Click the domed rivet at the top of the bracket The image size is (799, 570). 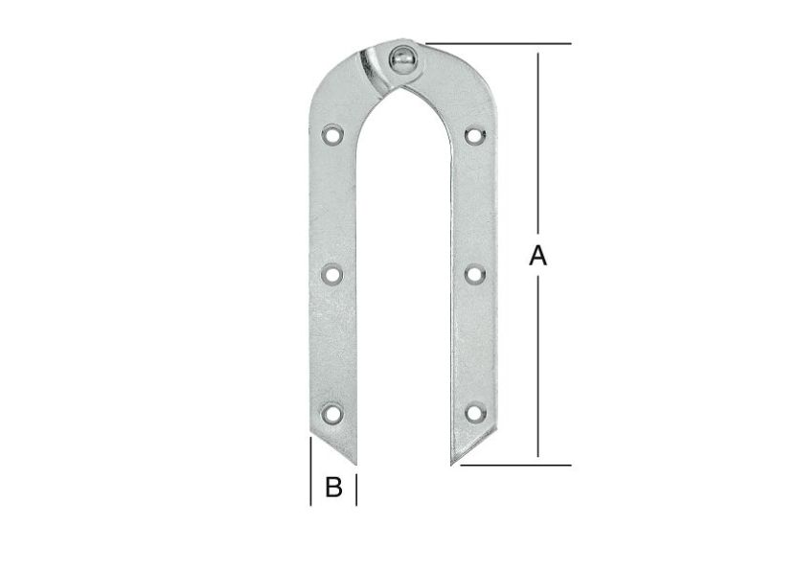pos(402,59)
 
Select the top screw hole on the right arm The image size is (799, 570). pos(474,135)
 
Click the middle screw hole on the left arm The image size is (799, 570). pos(332,274)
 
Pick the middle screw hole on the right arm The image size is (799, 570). pos(474,274)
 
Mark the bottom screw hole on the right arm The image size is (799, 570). pos(474,413)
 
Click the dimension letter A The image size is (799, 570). pos(538,256)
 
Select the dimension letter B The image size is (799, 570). pos(333,488)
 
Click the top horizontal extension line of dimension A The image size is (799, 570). pos(498,44)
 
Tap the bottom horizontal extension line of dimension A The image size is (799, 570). pos(517,466)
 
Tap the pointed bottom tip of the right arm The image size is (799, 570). pos(452,463)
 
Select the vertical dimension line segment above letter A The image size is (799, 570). pos(538,144)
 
